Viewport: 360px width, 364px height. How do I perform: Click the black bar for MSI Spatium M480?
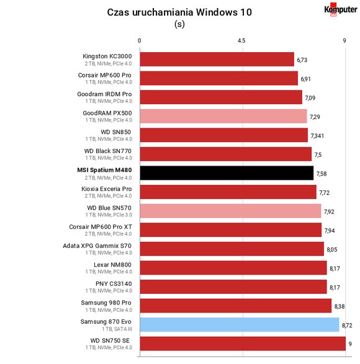(x=227, y=173)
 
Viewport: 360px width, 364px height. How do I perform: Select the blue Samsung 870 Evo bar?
(x=240, y=324)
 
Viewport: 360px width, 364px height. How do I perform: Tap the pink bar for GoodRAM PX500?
(x=223, y=116)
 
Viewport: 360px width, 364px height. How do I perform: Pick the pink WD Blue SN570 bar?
(x=230, y=211)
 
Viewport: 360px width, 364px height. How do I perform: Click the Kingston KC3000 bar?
(x=217, y=59)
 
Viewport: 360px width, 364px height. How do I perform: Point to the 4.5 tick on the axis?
(x=241, y=41)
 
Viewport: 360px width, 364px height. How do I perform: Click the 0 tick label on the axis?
(x=139, y=41)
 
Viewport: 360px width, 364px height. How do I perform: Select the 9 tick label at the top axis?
(x=344, y=41)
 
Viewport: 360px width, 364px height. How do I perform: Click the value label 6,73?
(x=302, y=60)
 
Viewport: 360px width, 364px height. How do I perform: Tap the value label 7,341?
(x=317, y=136)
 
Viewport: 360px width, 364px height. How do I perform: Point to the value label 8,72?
(x=347, y=326)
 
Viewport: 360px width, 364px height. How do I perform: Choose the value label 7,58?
(x=322, y=174)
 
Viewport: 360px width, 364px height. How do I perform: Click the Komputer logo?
(x=341, y=10)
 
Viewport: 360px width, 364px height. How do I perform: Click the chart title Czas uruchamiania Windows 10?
(x=179, y=12)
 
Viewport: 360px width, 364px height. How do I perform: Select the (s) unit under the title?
(x=179, y=24)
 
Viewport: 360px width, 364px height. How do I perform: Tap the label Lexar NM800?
(x=112, y=265)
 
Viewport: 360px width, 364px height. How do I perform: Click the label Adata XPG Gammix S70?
(x=97, y=246)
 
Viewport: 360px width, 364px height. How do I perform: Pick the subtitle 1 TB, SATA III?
(x=117, y=329)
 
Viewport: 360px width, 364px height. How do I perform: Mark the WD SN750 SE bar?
(x=243, y=344)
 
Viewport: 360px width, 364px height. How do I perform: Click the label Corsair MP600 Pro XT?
(x=101, y=226)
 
